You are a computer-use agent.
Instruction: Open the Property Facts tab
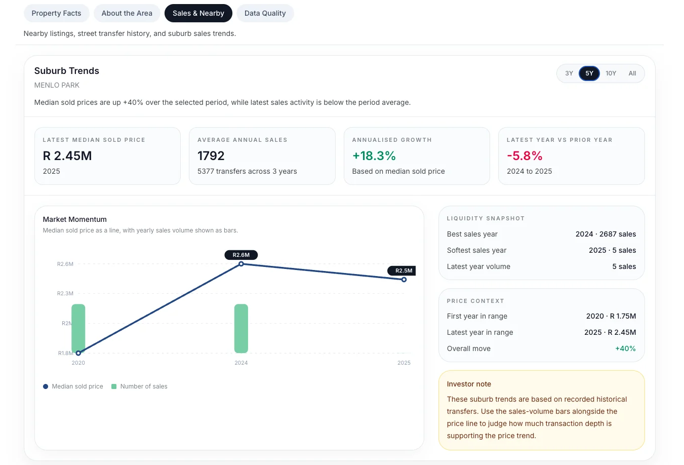point(57,13)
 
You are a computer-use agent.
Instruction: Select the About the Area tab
point(127,13)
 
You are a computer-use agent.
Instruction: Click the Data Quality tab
point(265,13)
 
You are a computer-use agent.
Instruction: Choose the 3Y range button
point(569,73)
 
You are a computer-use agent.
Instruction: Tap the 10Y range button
point(611,73)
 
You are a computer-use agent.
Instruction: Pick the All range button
point(632,73)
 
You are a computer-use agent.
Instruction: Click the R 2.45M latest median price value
point(67,156)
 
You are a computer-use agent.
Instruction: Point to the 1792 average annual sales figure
point(211,156)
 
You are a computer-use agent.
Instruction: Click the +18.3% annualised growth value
point(374,156)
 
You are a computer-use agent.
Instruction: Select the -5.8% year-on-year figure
point(525,156)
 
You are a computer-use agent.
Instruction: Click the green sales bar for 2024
point(241,328)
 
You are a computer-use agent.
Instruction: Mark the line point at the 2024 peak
point(241,264)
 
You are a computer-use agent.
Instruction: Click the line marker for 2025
point(404,280)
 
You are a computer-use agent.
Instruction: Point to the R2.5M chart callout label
point(401,270)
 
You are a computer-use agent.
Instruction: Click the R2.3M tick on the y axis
point(65,293)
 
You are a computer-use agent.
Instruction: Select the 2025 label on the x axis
point(404,363)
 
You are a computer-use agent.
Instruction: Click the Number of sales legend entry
point(140,386)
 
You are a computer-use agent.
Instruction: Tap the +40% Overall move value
point(625,348)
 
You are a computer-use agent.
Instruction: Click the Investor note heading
point(469,384)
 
